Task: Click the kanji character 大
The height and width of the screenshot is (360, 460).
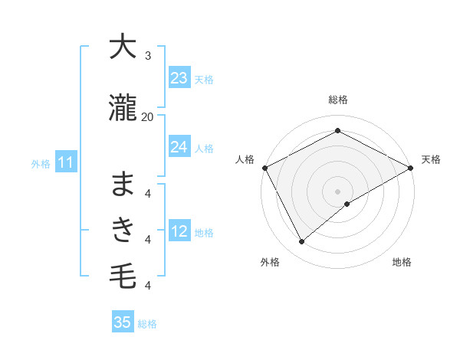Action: pos(123,47)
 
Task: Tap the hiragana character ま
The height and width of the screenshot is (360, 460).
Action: pos(123,184)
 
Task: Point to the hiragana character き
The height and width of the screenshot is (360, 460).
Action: pos(123,229)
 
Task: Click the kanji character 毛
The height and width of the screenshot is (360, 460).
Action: pos(123,275)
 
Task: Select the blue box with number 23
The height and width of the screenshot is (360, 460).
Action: pos(179,78)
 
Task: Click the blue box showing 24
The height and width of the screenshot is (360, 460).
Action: pos(179,147)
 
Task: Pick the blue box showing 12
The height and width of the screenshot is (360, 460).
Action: pos(179,231)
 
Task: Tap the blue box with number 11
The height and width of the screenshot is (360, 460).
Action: pos(65,162)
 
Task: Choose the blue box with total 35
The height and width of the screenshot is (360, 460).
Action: pos(123,322)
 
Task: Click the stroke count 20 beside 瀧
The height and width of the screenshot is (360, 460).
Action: pos(147,116)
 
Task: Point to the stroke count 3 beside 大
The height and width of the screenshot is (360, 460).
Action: pos(148,56)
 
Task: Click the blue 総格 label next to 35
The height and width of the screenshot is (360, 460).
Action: pos(147,324)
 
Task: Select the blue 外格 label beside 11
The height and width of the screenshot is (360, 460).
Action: pos(40,163)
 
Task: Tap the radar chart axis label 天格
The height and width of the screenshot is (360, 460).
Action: pos(431,159)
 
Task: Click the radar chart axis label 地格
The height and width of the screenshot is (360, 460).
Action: pos(402,262)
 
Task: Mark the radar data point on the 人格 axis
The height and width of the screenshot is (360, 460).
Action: pos(264,168)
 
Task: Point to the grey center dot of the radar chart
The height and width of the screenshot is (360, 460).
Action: pos(338,191)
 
